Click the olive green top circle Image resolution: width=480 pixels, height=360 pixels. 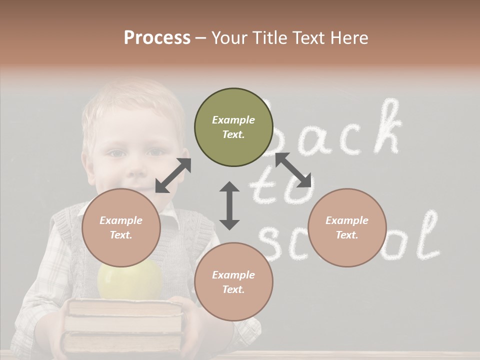click(233, 127)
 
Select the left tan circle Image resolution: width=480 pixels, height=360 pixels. click(121, 227)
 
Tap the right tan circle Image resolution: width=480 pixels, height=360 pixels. click(347, 227)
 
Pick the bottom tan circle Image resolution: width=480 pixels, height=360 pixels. click(233, 282)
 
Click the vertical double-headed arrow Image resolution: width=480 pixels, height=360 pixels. click(229, 205)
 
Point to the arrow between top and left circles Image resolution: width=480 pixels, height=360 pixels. click(173, 175)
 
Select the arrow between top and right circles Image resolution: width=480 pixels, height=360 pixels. click(293, 170)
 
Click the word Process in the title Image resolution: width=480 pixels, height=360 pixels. click(157, 37)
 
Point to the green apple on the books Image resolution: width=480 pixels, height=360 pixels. click(130, 280)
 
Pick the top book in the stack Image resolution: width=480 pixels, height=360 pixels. click(125, 308)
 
